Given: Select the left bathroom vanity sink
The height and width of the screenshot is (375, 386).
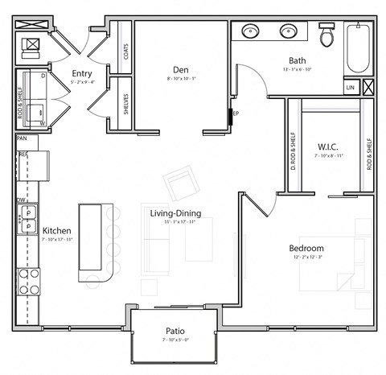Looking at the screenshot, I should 251,32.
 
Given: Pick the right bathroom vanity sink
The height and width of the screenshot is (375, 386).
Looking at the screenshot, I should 288,32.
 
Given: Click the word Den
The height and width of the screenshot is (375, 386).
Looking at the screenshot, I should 180,68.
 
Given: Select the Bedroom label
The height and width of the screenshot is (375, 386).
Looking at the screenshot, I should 306,248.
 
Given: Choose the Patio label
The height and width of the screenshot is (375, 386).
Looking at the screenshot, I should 175,330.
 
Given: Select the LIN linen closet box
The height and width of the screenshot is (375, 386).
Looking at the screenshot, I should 350,87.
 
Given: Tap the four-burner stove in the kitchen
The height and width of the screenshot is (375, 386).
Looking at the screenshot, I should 29,281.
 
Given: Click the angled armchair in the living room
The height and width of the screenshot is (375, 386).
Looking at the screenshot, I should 181,184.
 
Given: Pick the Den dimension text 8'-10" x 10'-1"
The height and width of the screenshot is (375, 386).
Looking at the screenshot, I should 180,79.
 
